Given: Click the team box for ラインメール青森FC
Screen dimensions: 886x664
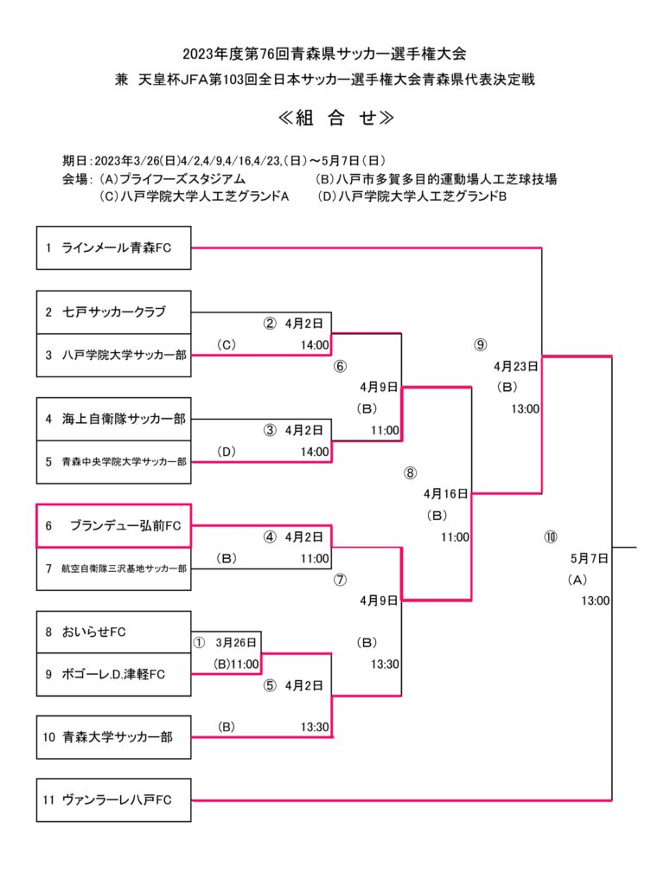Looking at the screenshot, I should pos(113,248).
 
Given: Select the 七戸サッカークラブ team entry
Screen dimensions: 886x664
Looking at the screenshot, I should pos(113,311).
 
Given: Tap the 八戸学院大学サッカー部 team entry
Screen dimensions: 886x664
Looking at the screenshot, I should pos(113,355).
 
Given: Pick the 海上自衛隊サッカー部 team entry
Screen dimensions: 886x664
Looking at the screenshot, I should pos(113,419).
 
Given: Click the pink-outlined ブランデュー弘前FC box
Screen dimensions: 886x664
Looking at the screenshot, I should pos(113,525).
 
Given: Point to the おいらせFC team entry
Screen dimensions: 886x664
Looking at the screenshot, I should pos(113,632).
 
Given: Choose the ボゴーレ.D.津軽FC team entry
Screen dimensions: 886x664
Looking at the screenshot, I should pos(113,674).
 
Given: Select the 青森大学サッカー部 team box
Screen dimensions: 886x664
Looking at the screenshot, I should pos(113,737).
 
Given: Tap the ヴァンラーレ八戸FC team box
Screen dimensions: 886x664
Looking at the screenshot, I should pos(113,800).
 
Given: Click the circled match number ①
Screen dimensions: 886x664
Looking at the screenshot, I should pos(200,643).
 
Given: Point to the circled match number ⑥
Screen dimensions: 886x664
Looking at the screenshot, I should pos(340,366).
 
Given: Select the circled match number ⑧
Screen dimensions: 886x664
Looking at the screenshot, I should pos(410,472).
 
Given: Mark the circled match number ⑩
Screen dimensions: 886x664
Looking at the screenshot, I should pos(551,536).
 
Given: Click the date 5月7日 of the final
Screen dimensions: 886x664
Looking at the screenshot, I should pos(590,558).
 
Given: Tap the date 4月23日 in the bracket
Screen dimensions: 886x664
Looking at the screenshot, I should pos(517,365).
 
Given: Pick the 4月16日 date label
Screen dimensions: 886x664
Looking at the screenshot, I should pos(446,494).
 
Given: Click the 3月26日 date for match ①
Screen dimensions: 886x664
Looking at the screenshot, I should pos(237,643).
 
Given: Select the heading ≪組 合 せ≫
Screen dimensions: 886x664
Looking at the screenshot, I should pos(336,119).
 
